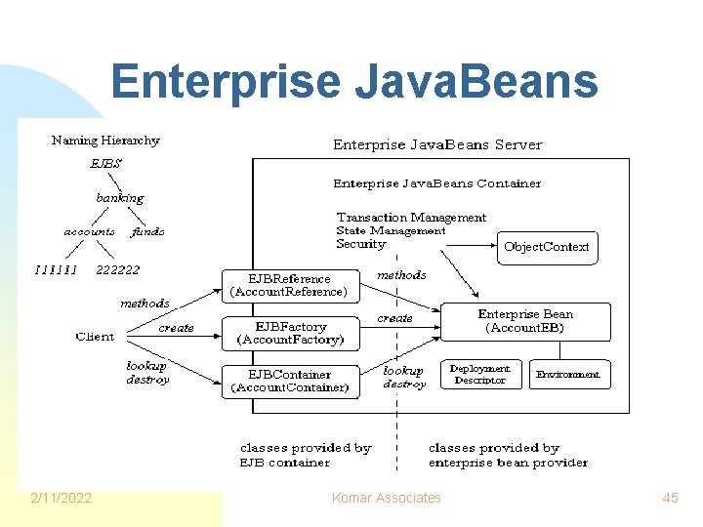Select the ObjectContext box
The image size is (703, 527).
[x=546, y=247]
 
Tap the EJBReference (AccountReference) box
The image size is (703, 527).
[x=289, y=284]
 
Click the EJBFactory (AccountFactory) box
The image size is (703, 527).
[x=290, y=333]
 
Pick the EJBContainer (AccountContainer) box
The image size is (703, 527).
[x=290, y=381]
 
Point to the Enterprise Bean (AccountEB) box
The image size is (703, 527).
[x=525, y=321]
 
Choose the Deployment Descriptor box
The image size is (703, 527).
[x=479, y=374]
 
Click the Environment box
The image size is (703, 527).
[x=567, y=374]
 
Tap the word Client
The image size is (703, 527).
[x=94, y=337]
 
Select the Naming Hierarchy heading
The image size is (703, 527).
[x=105, y=141]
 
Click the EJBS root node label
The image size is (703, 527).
[x=105, y=164]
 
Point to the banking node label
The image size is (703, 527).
[x=119, y=198]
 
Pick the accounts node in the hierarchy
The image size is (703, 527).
[x=89, y=232]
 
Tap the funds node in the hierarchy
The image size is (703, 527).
[x=147, y=232]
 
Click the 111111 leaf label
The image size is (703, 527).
[x=56, y=269]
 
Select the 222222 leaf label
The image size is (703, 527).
[x=118, y=269]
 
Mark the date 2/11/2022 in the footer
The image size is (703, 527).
[x=62, y=498]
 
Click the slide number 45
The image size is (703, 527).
[x=670, y=498]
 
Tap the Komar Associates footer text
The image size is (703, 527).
[x=387, y=498]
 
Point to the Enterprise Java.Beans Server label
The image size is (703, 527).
[x=437, y=144]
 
